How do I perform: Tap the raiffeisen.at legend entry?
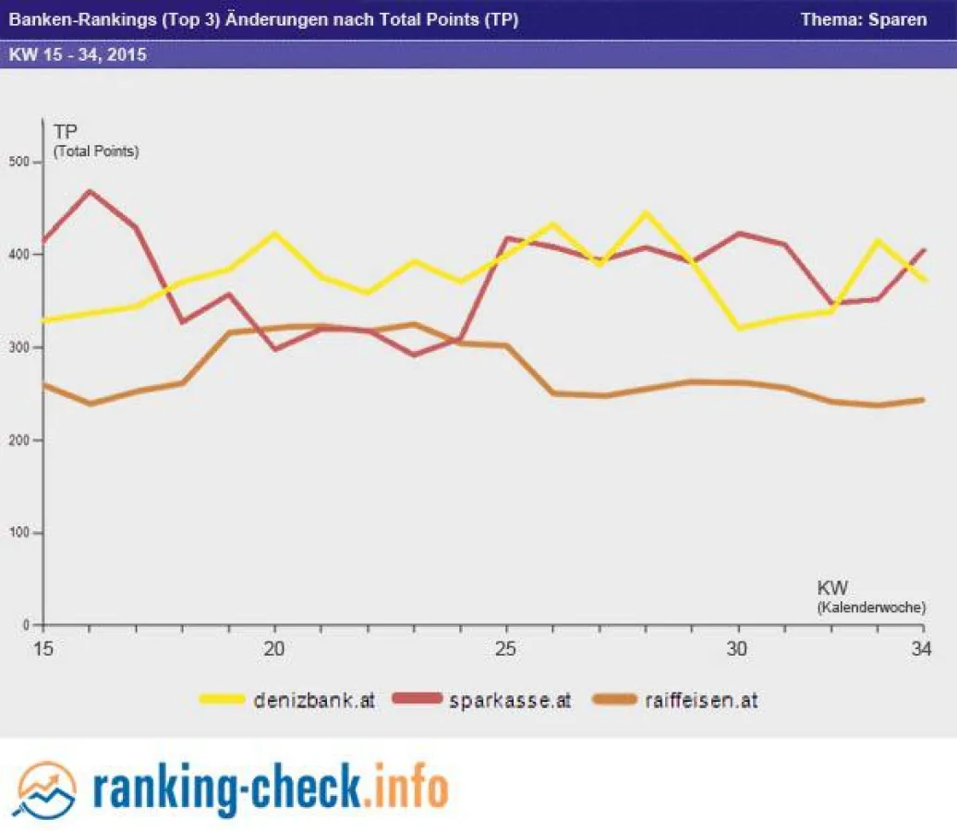coord(702,700)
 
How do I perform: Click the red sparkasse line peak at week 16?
coord(90,191)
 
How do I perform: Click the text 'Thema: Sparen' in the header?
coord(863,19)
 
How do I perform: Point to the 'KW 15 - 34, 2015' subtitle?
coord(78,54)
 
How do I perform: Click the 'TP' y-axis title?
coord(65,132)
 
